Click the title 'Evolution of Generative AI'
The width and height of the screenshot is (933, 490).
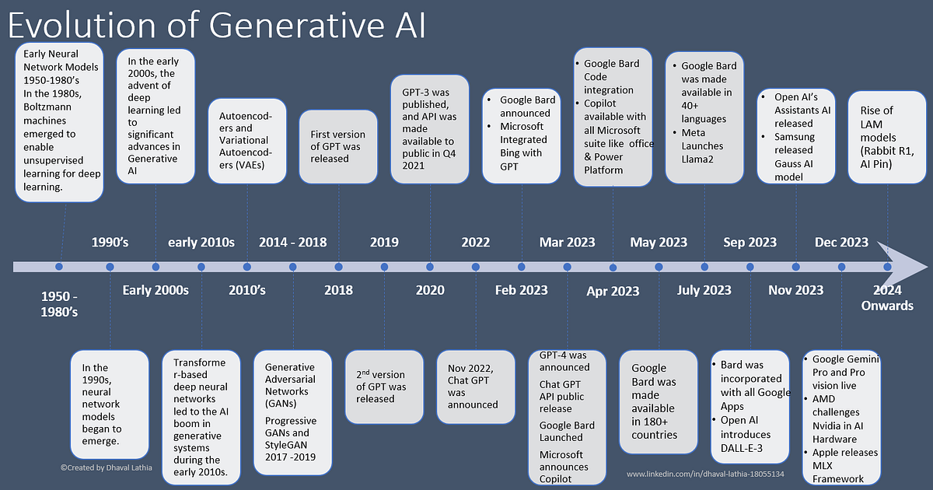pyautogui.click(x=216, y=25)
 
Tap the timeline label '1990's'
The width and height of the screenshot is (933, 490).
pyautogui.click(x=110, y=243)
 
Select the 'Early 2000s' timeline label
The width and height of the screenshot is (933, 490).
pyautogui.click(x=155, y=290)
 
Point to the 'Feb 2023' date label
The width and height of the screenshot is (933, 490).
pyautogui.click(x=521, y=290)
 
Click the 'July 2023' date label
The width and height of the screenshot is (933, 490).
pyautogui.click(x=704, y=290)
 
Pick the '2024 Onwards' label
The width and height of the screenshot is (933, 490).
pyautogui.click(x=886, y=298)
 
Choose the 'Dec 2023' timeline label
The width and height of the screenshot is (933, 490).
pyautogui.click(x=841, y=243)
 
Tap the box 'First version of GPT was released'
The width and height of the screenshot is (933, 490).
pyautogui.click(x=337, y=147)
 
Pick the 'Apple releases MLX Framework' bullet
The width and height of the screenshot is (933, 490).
pyautogui.click(x=844, y=465)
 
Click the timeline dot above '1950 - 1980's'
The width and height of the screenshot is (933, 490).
pyautogui.click(x=59, y=267)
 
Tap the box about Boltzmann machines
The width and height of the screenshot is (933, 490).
pyautogui.click(x=59, y=123)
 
